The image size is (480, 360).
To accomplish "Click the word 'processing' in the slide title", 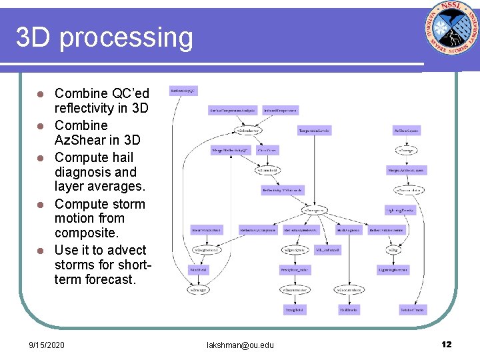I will click(x=126, y=38).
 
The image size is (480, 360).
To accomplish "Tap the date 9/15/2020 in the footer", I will click(x=47, y=345).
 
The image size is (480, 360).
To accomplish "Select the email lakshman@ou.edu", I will click(x=240, y=345).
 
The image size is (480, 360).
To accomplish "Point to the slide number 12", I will click(x=446, y=344).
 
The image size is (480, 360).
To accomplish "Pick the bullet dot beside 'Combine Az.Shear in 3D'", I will click(x=41, y=126).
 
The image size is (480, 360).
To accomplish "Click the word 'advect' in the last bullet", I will click(x=123, y=250).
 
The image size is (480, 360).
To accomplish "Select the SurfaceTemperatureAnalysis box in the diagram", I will click(x=231, y=110).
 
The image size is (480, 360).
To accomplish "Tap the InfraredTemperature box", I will click(x=280, y=110).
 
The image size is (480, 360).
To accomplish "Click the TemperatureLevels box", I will click(x=314, y=131).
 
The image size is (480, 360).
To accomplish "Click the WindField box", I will click(x=198, y=270).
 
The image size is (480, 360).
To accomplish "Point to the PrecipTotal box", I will click(x=295, y=310).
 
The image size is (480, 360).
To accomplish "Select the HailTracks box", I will click(x=349, y=310).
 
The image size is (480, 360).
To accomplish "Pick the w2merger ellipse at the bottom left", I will click(x=197, y=290).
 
